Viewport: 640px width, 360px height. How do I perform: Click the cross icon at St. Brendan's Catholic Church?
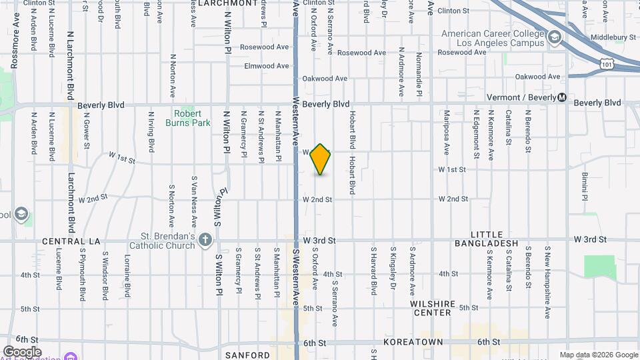click(206, 239)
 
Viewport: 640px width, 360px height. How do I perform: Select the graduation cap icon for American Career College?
click(554, 39)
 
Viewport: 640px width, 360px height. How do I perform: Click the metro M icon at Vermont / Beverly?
click(562, 97)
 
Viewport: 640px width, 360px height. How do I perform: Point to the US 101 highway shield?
click(605, 63)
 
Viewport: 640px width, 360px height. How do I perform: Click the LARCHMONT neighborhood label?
click(209, 3)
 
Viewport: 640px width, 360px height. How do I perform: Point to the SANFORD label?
click(248, 355)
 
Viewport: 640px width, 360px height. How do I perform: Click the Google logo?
click(22, 351)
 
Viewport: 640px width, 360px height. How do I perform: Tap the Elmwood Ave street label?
click(267, 66)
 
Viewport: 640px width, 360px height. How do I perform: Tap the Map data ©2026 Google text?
click(597, 355)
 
